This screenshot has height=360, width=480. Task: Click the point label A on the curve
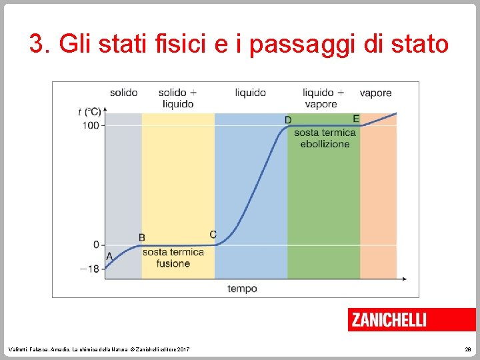point(109,256)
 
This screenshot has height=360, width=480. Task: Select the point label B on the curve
point(142,237)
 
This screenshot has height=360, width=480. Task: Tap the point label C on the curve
point(213,235)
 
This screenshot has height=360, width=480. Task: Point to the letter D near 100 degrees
point(288,119)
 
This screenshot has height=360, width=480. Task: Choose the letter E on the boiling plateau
point(356,119)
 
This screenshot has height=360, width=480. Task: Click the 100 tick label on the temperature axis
point(91,125)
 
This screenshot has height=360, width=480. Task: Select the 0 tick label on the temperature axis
point(95,245)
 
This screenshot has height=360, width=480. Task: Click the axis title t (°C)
point(89,111)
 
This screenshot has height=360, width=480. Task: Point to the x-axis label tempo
point(242,289)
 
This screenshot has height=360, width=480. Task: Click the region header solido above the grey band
point(124,93)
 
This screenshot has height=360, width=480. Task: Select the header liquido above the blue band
point(250,93)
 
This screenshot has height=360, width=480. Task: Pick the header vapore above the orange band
point(375,93)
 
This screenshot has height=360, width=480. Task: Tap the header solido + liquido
point(177,98)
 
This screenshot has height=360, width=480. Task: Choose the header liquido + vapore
point(323,98)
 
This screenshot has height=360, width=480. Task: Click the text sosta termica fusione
point(173,258)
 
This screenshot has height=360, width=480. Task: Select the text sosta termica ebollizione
point(325,138)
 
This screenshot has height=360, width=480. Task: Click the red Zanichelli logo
point(411,320)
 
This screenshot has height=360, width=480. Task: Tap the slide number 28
point(468,349)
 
